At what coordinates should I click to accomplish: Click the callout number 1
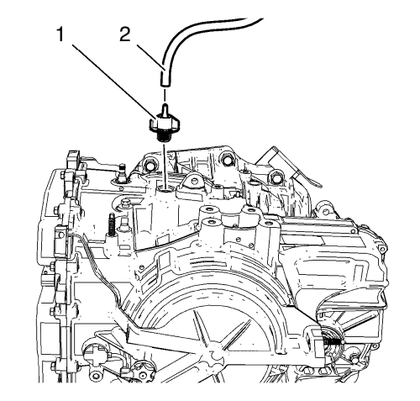[60, 35]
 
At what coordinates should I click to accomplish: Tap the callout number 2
[125, 35]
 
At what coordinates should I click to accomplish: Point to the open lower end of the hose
[165, 83]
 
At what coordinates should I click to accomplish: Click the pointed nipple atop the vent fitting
[165, 109]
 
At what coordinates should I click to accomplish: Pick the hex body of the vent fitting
[165, 124]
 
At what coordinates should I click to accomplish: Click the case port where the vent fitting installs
[165, 190]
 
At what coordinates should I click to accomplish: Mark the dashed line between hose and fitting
[165, 95]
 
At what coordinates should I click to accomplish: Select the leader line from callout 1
[116, 82]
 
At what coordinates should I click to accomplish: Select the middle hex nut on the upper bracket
[226, 158]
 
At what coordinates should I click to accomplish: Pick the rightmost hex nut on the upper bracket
[275, 176]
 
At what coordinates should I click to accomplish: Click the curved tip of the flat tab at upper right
[318, 185]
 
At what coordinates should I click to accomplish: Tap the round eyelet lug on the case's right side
[325, 211]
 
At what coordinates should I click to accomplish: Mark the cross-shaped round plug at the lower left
[92, 354]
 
